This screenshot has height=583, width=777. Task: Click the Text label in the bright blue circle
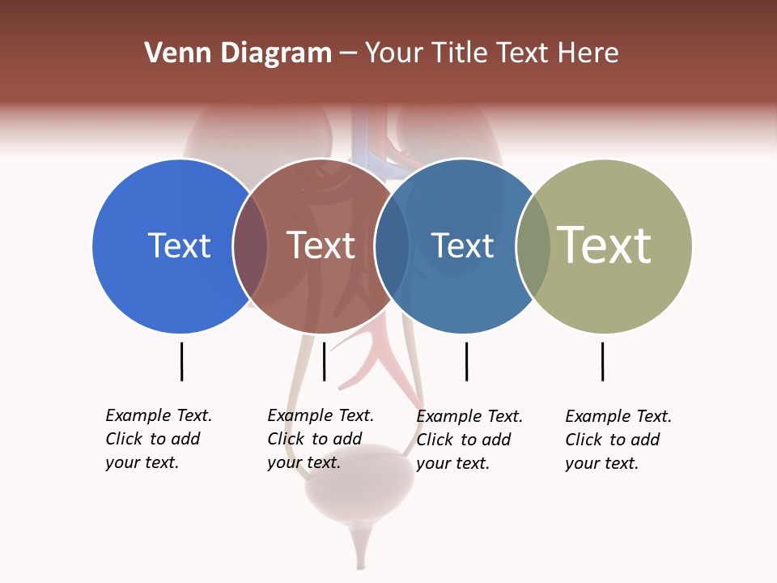coord(179,245)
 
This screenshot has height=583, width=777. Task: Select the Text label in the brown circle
coord(321,245)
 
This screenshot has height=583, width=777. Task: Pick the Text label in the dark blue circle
coord(462,245)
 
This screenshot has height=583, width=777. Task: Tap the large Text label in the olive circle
coord(605,245)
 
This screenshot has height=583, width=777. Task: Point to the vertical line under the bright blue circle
coord(181,361)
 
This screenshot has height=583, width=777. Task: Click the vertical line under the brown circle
coord(324,361)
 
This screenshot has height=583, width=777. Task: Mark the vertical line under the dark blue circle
coord(466,361)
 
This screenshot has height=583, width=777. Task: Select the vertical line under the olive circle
coord(602,361)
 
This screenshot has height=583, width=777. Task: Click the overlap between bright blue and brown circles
coord(250,246)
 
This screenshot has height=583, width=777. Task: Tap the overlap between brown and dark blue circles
coord(392,246)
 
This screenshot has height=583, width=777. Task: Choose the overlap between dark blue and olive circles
coord(533,246)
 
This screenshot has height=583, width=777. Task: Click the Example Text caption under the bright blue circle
coord(159,439)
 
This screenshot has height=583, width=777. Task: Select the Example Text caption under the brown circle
coord(321,439)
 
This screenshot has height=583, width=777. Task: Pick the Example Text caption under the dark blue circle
coord(469,440)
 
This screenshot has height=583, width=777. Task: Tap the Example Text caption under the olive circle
coord(618,440)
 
